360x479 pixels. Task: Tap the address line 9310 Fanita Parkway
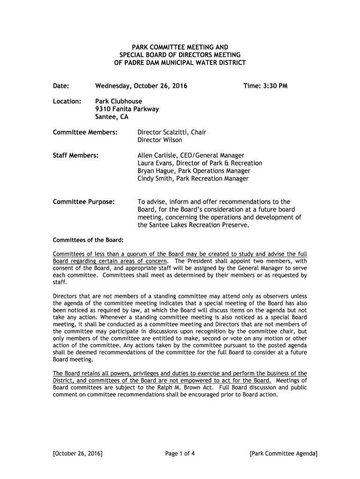point(127,109)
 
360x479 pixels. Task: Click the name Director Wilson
point(160,140)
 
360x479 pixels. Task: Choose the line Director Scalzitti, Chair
point(172,132)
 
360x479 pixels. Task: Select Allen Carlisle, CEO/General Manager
point(191,155)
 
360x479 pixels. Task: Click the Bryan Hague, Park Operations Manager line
point(190,171)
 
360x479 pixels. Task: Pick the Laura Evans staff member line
point(200,163)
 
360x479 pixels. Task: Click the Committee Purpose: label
point(84,202)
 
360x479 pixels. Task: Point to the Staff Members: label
point(75,155)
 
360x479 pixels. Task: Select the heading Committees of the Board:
point(88,240)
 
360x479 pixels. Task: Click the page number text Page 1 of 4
point(180,453)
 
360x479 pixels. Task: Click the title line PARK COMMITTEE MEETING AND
point(180,47)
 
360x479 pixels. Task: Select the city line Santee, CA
point(112,117)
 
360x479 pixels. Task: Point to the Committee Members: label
point(85,132)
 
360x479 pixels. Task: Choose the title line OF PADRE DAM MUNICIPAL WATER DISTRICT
point(180,63)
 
